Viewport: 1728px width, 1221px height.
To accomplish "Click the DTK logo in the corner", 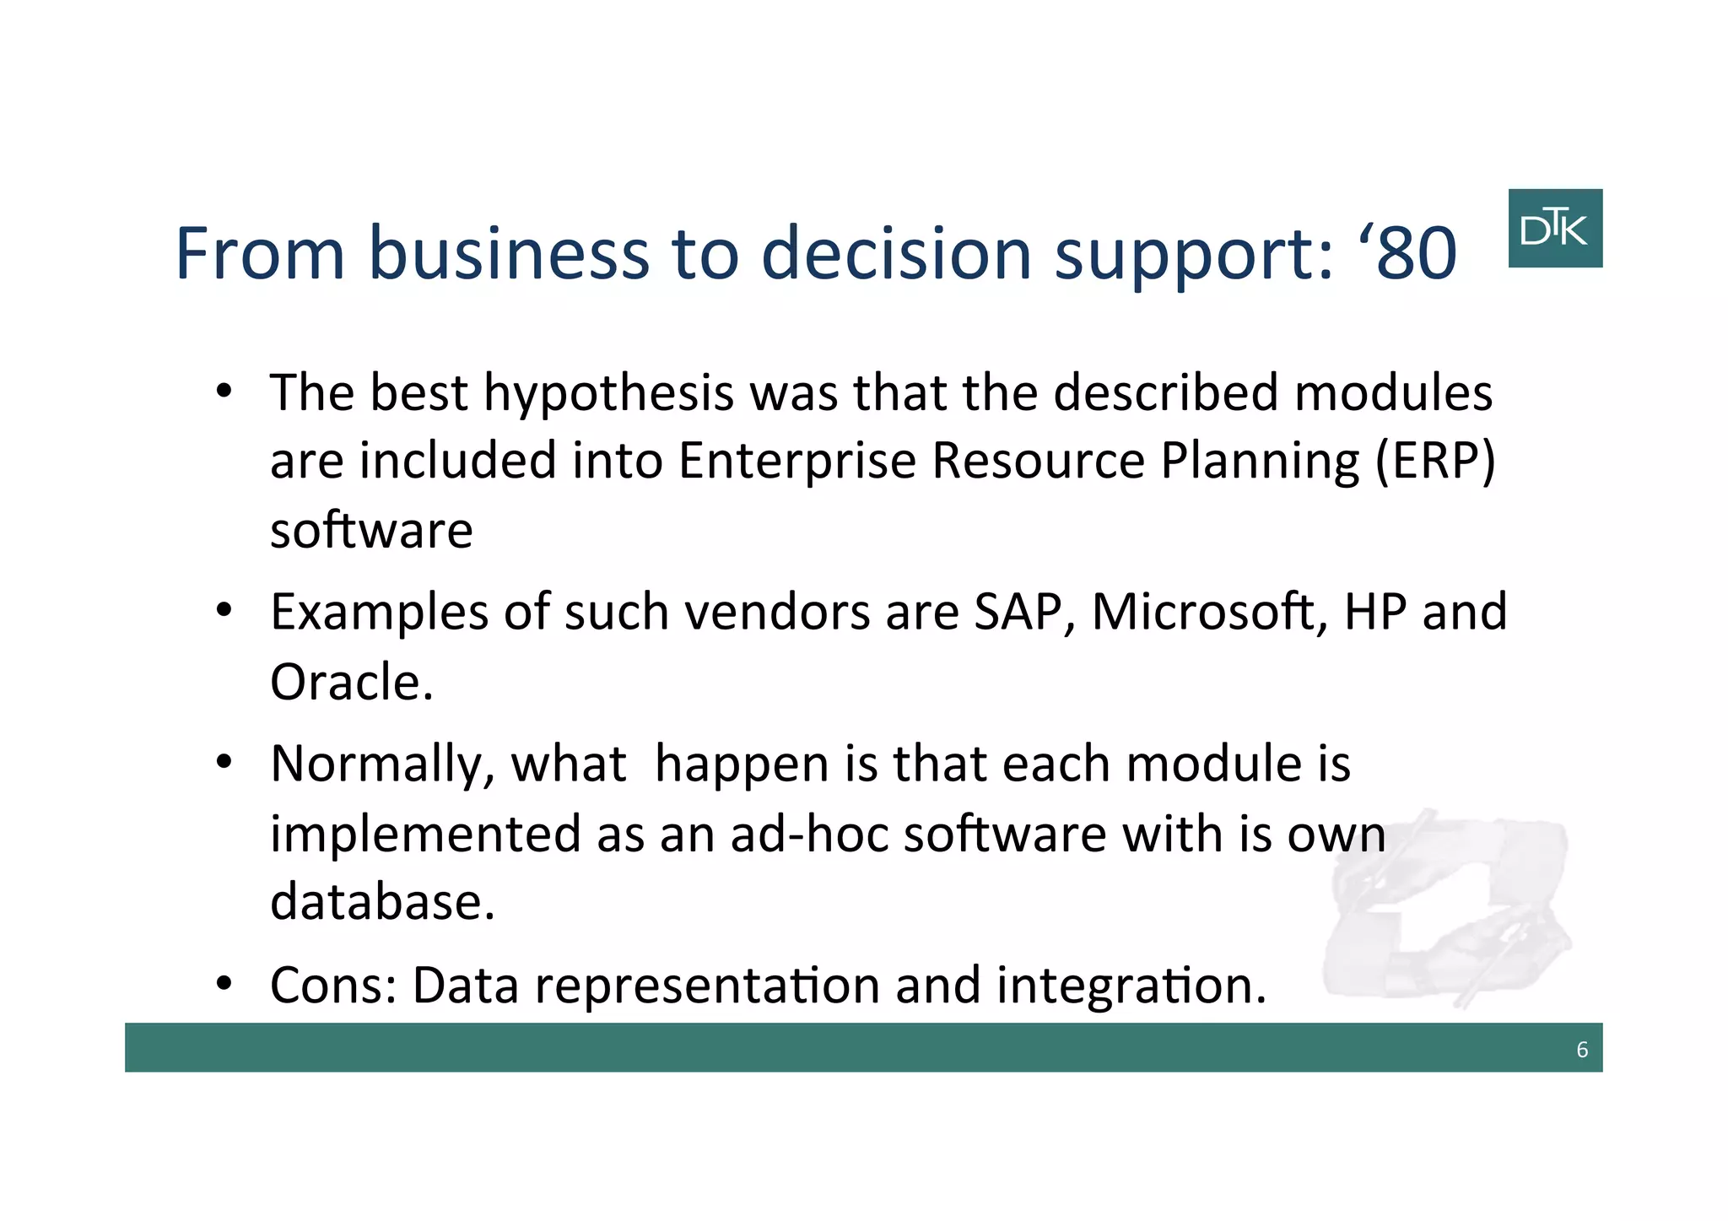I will [1554, 228].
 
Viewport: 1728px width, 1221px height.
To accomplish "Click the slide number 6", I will [1581, 1050].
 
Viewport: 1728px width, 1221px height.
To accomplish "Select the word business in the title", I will [509, 253].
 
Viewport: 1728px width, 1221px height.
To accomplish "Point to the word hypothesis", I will [608, 393].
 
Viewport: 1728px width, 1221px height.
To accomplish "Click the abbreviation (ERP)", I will [1434, 462].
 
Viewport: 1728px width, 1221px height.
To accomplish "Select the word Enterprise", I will [796, 462].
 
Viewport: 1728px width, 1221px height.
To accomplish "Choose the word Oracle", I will [350, 682].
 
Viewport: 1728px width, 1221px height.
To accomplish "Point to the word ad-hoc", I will [808, 834].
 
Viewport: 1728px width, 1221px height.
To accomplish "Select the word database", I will [381, 901].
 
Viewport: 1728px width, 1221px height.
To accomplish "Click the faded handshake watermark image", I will [1443, 907].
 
